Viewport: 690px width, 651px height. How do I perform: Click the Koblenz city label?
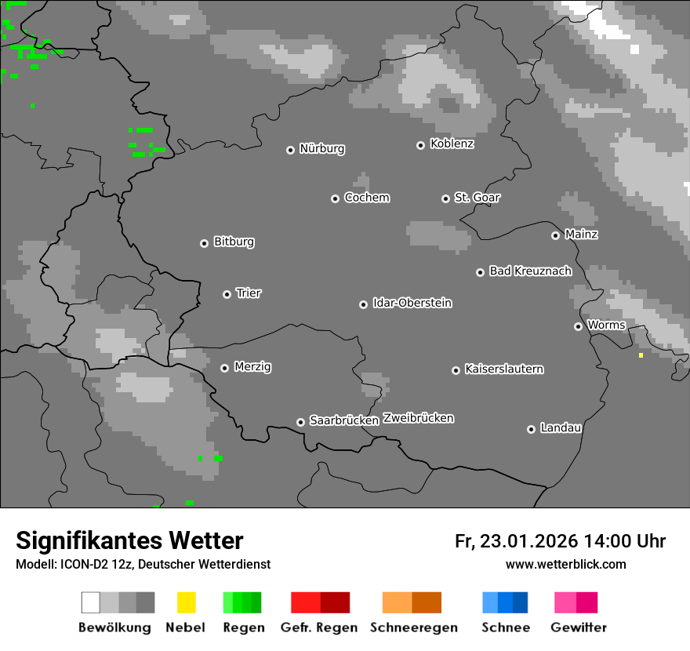coord(452,144)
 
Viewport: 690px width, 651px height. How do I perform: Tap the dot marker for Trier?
coord(227,294)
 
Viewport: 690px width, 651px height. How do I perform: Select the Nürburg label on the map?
coord(321,148)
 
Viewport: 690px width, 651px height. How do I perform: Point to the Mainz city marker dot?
coord(556,235)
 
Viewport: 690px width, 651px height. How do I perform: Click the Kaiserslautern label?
coord(503,369)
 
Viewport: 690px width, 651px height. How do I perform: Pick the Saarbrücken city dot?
coord(300,422)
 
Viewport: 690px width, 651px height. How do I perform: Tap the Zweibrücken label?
coord(418,418)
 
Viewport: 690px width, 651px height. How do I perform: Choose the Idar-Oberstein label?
coord(412,303)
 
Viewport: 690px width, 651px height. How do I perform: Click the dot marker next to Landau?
coord(531,429)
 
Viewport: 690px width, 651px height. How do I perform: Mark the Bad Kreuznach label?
coord(530,271)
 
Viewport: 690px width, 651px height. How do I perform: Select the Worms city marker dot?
coord(578,326)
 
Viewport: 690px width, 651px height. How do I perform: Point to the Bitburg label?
coord(234,242)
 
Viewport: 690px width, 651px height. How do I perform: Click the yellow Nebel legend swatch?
coord(186,602)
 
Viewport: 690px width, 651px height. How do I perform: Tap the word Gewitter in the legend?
coord(579,627)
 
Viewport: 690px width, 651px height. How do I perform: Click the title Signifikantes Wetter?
coord(129,540)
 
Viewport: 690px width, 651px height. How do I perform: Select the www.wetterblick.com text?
coord(565,564)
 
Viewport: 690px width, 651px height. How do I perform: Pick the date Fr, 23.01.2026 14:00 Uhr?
coord(560,541)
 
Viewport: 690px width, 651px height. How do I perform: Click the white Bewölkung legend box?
coord(91,602)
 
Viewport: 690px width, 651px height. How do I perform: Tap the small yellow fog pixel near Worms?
coord(641,355)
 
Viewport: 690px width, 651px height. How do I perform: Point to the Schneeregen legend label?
coord(413,627)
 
